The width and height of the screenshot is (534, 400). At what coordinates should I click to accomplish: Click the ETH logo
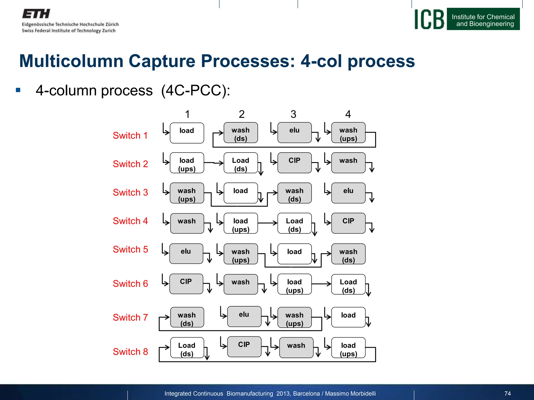(36, 14)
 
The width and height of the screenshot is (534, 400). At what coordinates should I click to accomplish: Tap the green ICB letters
(429, 19)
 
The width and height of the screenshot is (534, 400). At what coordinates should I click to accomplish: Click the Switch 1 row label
(130, 135)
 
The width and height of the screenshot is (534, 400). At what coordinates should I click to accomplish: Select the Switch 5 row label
(130, 249)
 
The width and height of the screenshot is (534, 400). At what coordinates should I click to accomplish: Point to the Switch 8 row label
(130, 352)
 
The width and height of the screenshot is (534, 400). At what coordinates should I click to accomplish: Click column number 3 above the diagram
(293, 114)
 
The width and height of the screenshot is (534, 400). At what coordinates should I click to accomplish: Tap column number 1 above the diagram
(187, 114)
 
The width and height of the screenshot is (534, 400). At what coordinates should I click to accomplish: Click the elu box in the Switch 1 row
(294, 133)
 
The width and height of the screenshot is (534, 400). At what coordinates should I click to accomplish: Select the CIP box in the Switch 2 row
(294, 163)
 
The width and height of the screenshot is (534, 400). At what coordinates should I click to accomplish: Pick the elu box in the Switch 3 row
(348, 193)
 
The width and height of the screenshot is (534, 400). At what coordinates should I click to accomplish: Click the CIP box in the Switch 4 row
(348, 223)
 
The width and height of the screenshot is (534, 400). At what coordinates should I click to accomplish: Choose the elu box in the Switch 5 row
(186, 254)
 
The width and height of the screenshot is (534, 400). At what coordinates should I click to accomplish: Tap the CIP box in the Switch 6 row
(186, 284)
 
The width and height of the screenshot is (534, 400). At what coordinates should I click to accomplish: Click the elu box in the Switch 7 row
(244, 316)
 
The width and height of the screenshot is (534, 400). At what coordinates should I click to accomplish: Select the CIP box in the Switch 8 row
(244, 347)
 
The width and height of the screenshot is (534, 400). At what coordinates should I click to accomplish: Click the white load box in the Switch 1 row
(187, 133)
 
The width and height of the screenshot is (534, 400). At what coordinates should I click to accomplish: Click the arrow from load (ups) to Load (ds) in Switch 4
(268, 223)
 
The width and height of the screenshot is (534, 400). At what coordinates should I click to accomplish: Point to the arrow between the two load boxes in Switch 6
(321, 284)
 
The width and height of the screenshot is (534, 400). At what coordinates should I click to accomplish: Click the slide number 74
(507, 393)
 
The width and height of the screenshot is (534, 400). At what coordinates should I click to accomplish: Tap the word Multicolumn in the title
(71, 61)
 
